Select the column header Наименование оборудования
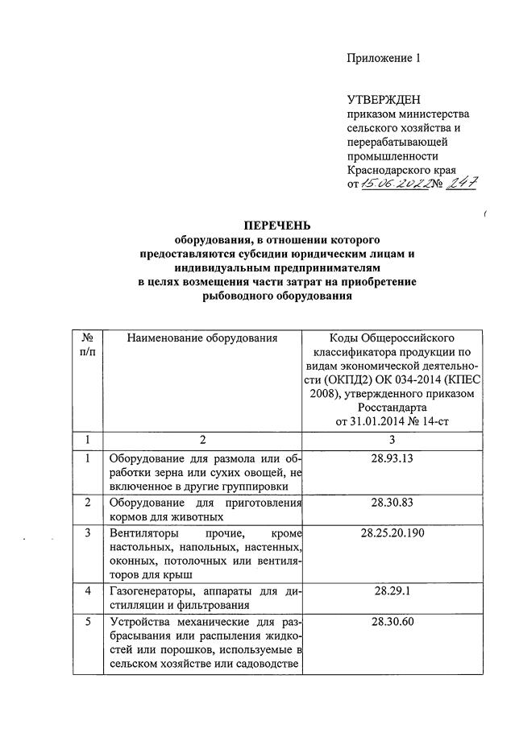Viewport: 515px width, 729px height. coord(202,338)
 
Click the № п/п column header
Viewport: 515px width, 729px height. coord(88,346)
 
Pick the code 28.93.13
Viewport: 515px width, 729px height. coord(391,459)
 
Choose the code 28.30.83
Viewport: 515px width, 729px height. coord(391,503)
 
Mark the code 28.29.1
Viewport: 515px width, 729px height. coord(391,592)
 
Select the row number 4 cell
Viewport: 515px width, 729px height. coord(88,592)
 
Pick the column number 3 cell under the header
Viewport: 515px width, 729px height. coord(391,440)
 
